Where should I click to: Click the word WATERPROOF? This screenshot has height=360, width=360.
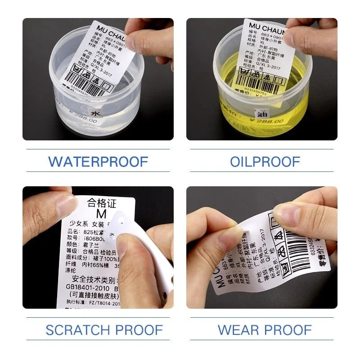(x=98, y=161)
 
